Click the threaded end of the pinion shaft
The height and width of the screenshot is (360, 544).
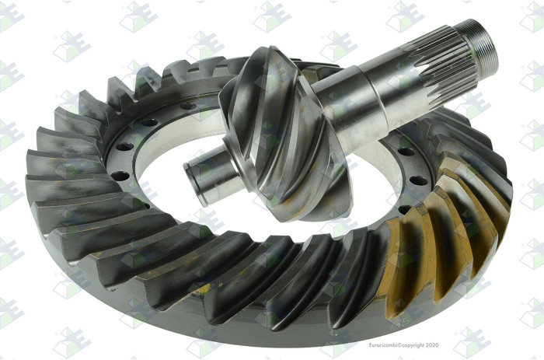click(x=480, y=45)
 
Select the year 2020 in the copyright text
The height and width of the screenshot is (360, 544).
click(x=432, y=345)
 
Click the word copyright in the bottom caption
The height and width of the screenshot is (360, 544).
click(x=413, y=345)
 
